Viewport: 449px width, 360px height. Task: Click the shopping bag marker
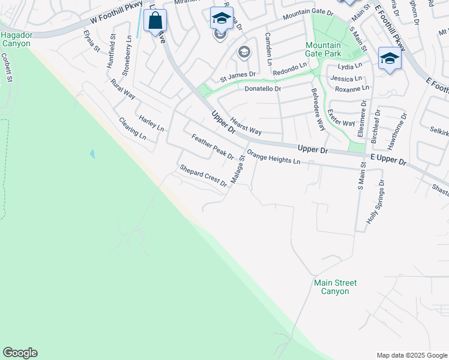pyautogui.click(x=155, y=22)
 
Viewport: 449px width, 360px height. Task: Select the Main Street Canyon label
pyautogui.click(x=334, y=287)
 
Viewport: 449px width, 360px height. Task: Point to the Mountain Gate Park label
pyautogui.click(x=323, y=49)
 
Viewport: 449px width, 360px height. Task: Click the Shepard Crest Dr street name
pyautogui.click(x=203, y=175)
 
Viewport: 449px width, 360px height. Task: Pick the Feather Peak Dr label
pyautogui.click(x=212, y=147)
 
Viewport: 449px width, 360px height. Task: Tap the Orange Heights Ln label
pyautogui.click(x=273, y=157)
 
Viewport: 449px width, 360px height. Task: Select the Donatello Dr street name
pyautogui.click(x=263, y=89)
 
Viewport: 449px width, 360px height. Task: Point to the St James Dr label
pyautogui.click(x=238, y=77)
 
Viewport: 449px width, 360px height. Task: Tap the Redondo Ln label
pyautogui.click(x=289, y=69)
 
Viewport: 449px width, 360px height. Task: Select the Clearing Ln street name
pyautogui.click(x=133, y=128)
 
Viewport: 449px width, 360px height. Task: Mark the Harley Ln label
pyautogui.click(x=151, y=123)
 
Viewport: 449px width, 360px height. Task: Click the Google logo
pyautogui.click(x=20, y=353)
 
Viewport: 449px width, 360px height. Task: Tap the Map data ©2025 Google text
pyautogui.click(x=412, y=355)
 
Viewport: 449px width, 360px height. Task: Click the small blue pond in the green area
pyautogui.click(x=92, y=154)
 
